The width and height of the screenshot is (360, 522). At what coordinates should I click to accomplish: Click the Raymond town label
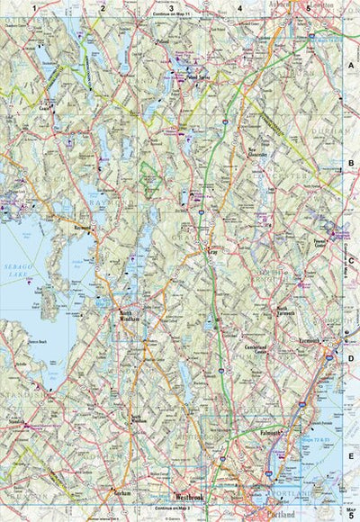pos(84,229)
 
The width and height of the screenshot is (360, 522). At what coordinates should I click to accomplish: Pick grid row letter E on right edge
pos(350,456)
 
